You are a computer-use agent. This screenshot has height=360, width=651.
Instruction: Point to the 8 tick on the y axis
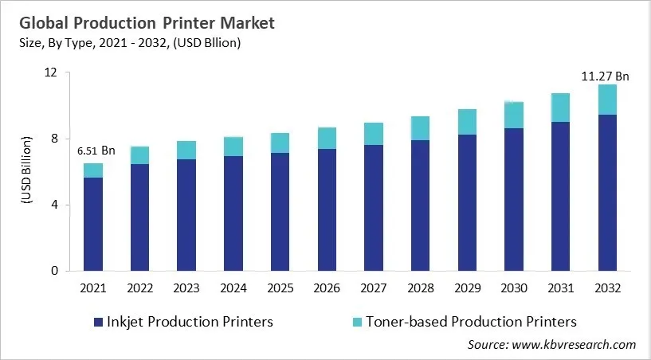(x=54, y=139)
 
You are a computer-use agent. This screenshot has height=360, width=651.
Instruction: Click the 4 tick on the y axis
(x=54, y=205)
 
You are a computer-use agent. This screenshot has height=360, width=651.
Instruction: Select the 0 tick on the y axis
(x=54, y=271)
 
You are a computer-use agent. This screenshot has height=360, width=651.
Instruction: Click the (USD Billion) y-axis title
(x=24, y=171)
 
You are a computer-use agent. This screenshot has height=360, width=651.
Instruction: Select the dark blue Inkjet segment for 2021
(x=93, y=224)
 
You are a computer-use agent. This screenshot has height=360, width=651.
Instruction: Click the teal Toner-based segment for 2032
(x=607, y=100)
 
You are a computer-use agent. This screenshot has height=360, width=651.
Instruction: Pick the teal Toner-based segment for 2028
(x=420, y=128)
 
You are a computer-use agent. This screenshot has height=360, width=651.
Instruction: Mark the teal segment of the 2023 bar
(x=186, y=151)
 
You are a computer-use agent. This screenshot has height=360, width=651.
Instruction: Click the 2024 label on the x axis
(x=233, y=288)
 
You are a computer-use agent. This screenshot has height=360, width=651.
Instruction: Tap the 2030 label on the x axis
(x=514, y=288)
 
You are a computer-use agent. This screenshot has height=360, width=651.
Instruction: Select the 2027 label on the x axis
(x=374, y=288)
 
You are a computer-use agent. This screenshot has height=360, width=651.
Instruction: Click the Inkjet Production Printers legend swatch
(x=98, y=322)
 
